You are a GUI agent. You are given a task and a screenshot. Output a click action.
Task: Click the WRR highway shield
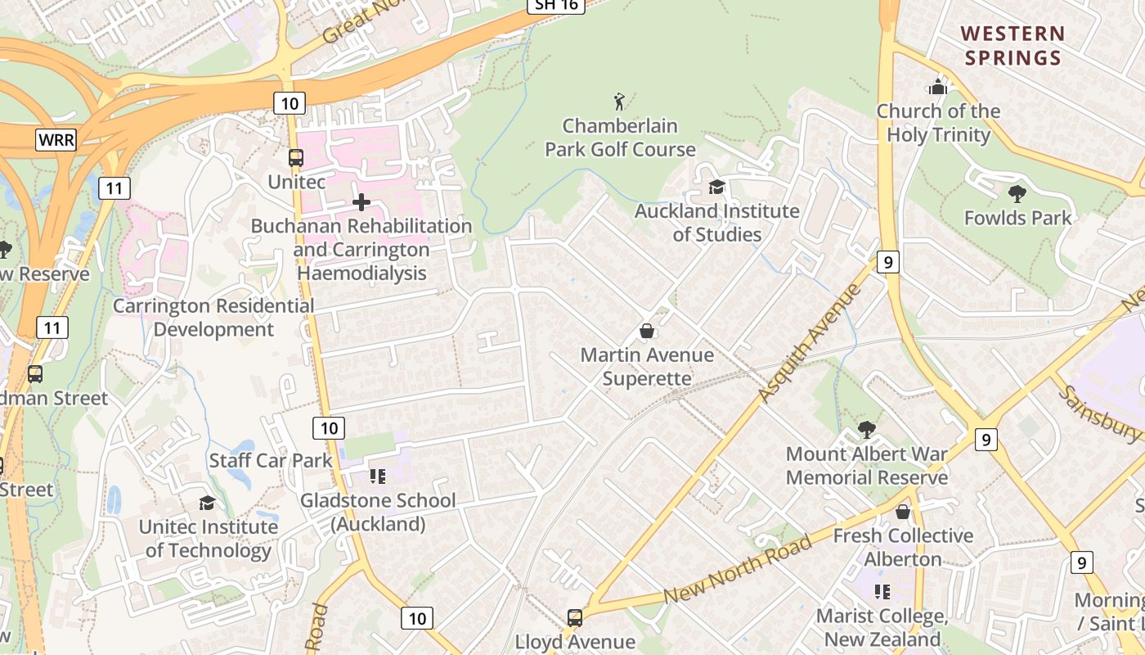pyautogui.click(x=56, y=140)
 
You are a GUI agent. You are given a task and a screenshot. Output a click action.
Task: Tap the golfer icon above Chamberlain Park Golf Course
pyautogui.click(x=620, y=102)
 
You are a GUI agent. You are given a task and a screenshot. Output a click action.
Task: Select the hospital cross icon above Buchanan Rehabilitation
pyautogui.click(x=361, y=202)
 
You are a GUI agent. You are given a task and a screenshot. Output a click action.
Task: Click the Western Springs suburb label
pyautogui.click(x=1013, y=46)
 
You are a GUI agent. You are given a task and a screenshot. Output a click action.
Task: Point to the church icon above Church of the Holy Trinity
pyautogui.click(x=937, y=87)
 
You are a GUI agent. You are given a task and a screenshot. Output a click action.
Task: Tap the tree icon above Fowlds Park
pyautogui.click(x=1017, y=194)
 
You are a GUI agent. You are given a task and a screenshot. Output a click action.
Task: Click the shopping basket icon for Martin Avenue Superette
pyautogui.click(x=647, y=331)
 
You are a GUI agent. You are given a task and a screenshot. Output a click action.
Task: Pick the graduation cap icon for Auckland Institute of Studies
pyautogui.click(x=717, y=187)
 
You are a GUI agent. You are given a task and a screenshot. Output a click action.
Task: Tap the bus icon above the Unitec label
pyautogui.click(x=296, y=158)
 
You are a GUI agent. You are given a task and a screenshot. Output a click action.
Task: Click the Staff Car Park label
pyautogui.click(x=271, y=460)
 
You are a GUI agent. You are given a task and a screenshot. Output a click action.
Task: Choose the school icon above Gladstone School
pyautogui.click(x=377, y=476)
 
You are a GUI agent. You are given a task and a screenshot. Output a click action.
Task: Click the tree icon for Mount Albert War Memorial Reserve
pyautogui.click(x=866, y=430)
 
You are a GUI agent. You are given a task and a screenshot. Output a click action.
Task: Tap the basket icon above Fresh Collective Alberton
pyautogui.click(x=903, y=512)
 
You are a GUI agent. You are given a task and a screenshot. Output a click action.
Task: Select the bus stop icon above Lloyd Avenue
pyautogui.click(x=575, y=618)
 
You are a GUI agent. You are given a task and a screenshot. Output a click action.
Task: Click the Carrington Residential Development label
pyautogui.click(x=213, y=318)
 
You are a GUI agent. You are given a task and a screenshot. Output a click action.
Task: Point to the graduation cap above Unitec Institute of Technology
pyautogui.click(x=208, y=503)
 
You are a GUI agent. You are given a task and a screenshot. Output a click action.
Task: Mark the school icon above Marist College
pyautogui.click(x=882, y=591)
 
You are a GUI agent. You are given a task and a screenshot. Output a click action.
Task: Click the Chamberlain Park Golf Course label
pyautogui.click(x=620, y=138)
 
